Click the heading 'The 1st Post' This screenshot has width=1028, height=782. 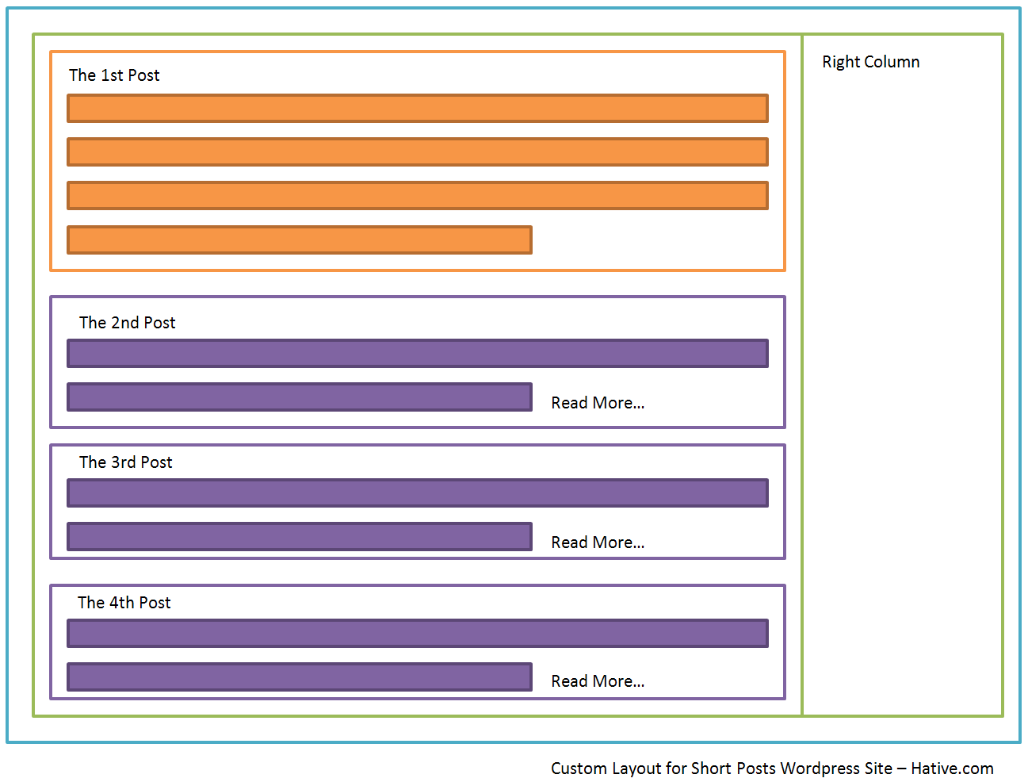pyautogui.click(x=114, y=75)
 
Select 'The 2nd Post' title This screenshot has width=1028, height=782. pyautogui.click(x=128, y=323)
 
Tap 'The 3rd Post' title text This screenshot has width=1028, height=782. pyautogui.click(x=125, y=462)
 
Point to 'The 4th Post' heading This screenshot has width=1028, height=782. pyautogui.click(x=124, y=603)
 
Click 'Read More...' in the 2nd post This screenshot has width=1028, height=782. pyautogui.click(x=598, y=403)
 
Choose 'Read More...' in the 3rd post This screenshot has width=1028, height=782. pyautogui.click(x=598, y=542)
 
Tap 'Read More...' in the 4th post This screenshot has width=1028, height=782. pyautogui.click(x=598, y=681)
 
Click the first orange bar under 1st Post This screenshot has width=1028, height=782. pyautogui.click(x=418, y=108)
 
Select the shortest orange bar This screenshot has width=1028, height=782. pyautogui.click(x=300, y=240)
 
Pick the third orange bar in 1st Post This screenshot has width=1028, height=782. pyautogui.click(x=418, y=195)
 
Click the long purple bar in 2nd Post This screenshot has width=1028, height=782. pyautogui.click(x=418, y=353)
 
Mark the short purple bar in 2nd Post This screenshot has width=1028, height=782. pyautogui.click(x=300, y=397)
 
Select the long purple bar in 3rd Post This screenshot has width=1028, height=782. pyautogui.click(x=418, y=493)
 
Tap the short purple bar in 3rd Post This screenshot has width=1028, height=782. pyautogui.click(x=300, y=537)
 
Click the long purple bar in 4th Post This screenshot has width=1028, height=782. pyautogui.click(x=418, y=634)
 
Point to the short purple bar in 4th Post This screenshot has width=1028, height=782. pyautogui.click(x=300, y=677)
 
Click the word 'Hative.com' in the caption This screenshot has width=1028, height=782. pyautogui.click(x=952, y=769)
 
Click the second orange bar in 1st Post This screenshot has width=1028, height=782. pyautogui.click(x=418, y=151)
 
